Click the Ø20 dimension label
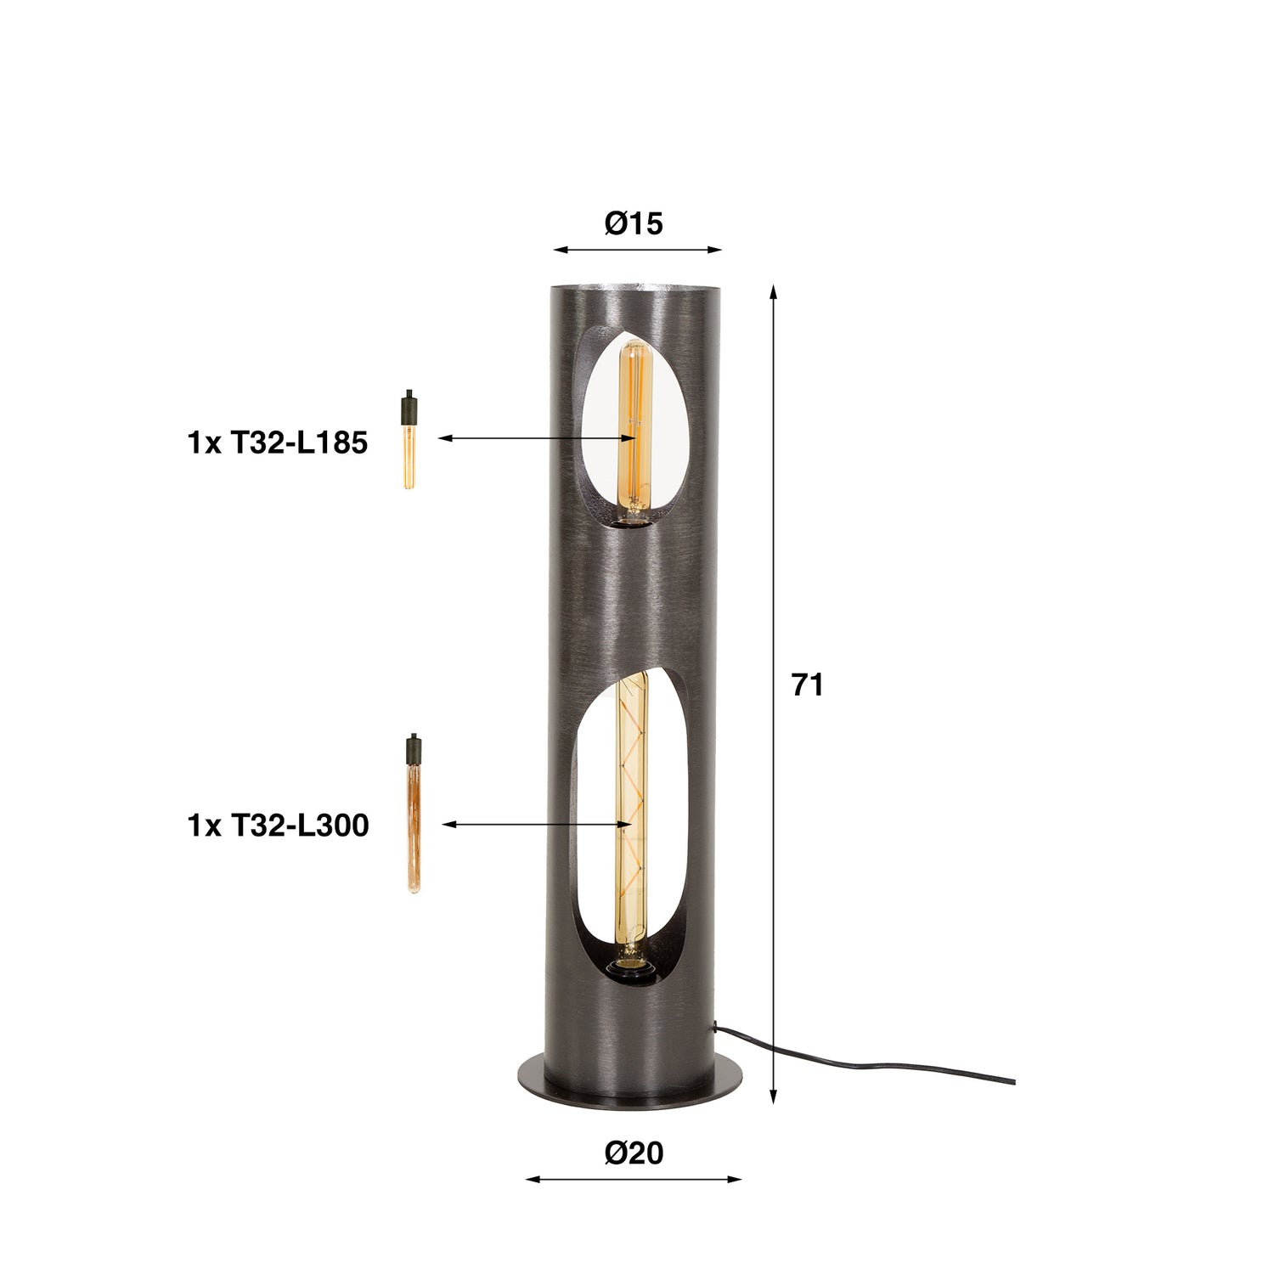coord(634,1153)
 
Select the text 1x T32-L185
coord(277,443)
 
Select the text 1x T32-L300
coord(278,826)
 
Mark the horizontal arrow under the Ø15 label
coord(637,250)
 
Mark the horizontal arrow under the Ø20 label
coord(634,1179)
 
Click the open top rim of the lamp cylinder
coord(637,287)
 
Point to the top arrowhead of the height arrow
coord(773,292)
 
